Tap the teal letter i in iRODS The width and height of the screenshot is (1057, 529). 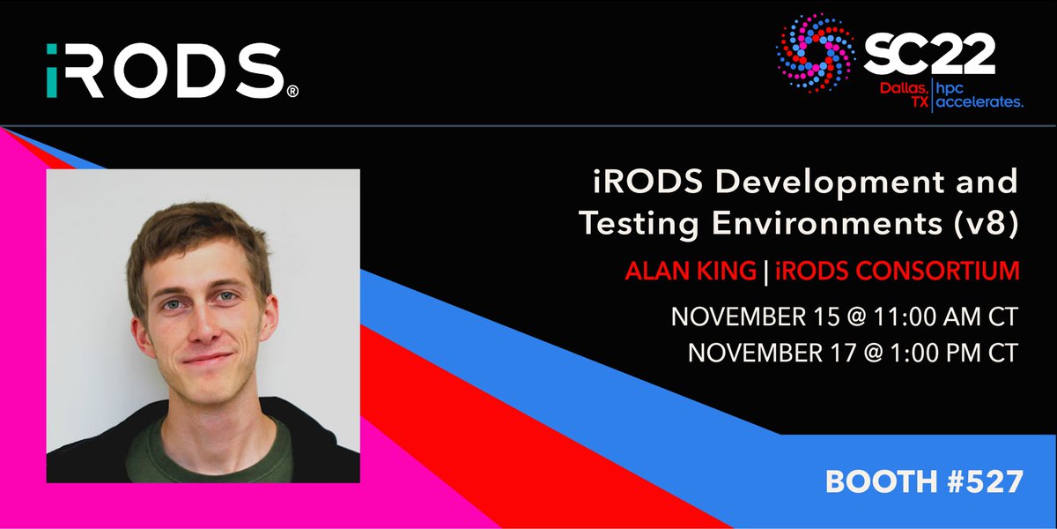55,71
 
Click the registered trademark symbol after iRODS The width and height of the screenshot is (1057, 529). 292,92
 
